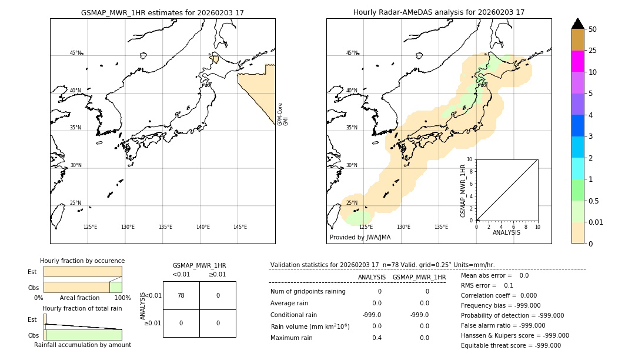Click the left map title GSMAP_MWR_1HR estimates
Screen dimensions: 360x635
point(162,12)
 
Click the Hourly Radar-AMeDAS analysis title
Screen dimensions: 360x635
point(439,12)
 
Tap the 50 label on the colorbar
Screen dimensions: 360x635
point(593,29)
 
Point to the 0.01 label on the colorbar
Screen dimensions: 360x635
point(596,222)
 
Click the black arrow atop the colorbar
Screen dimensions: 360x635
point(577,24)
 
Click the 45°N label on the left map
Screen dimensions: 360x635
point(75,53)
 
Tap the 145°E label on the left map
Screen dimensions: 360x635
point(240,227)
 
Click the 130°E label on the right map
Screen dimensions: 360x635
point(403,227)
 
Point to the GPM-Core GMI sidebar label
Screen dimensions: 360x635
point(283,114)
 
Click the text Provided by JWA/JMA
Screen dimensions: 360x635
point(360,238)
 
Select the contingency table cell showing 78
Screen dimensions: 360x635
point(181,295)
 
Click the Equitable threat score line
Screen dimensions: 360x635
point(510,345)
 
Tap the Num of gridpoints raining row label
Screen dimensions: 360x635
point(308,292)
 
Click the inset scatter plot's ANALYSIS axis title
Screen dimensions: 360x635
point(506,232)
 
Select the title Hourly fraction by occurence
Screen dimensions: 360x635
point(82,261)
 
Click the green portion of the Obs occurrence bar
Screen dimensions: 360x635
point(115,287)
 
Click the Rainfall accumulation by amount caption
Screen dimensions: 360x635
point(82,345)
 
